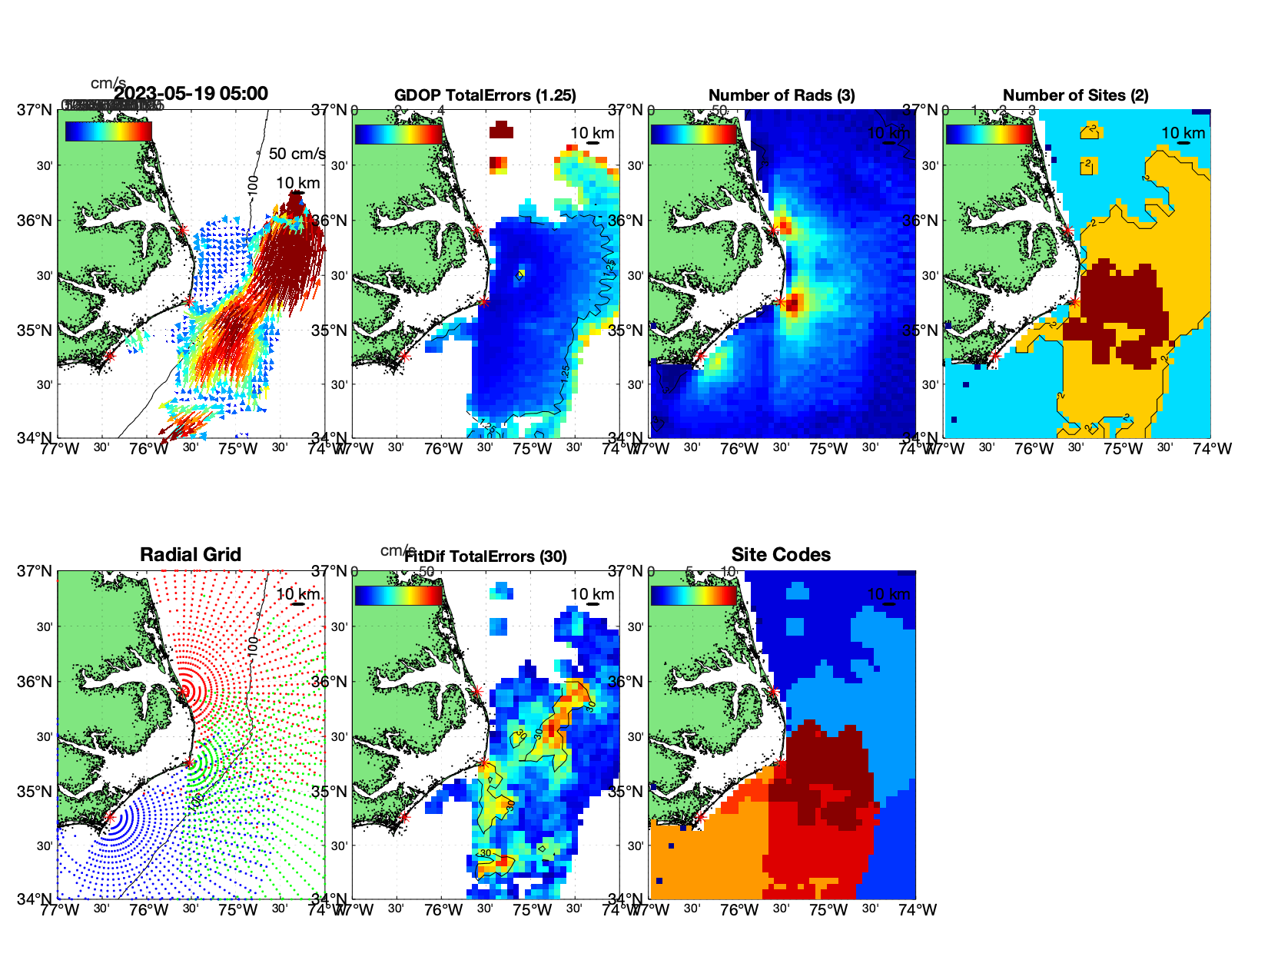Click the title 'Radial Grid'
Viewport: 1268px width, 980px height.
click(191, 555)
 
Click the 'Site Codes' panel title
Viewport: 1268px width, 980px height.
click(781, 555)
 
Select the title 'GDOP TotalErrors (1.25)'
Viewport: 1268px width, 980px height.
click(485, 95)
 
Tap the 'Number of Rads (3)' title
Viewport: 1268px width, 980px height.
click(782, 95)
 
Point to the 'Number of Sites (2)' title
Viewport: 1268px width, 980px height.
click(1075, 95)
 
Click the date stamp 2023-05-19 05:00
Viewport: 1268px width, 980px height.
click(191, 94)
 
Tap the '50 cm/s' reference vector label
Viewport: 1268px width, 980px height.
click(297, 154)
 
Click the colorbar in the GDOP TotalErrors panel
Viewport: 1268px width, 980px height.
click(399, 133)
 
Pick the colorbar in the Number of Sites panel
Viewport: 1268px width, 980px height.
click(989, 133)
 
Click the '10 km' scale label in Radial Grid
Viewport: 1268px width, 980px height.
click(298, 594)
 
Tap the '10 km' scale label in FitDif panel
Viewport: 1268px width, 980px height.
click(592, 594)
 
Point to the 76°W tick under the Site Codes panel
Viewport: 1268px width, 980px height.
click(739, 910)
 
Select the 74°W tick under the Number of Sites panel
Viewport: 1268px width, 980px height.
click(1212, 449)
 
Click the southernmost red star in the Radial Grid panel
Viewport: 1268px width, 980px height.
click(110, 818)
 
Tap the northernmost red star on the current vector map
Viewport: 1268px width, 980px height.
click(183, 230)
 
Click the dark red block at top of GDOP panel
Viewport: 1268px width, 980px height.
click(500, 129)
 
